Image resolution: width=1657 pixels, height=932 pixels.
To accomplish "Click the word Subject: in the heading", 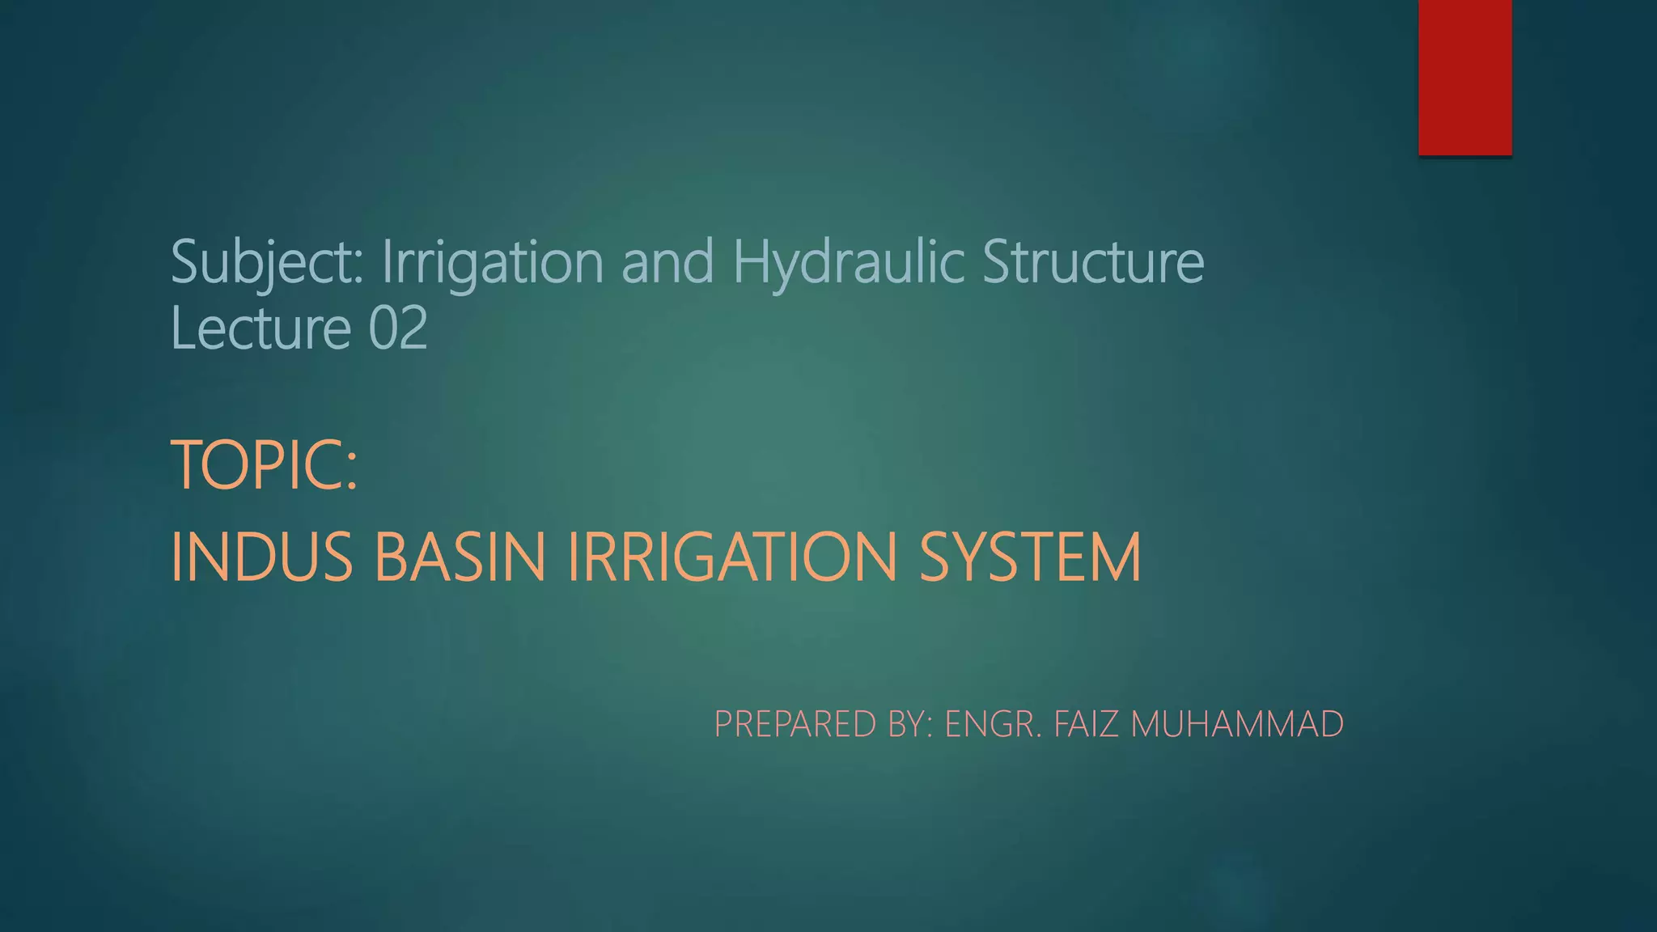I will click(268, 262).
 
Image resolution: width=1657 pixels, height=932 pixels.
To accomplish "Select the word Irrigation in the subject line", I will click(493, 262).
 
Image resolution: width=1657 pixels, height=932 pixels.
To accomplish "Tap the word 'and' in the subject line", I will click(667, 262).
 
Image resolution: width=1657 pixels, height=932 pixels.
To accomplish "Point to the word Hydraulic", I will click(849, 262).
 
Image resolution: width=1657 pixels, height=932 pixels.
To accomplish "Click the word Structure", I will click(1093, 262).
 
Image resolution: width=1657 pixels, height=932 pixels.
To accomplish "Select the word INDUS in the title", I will click(262, 557).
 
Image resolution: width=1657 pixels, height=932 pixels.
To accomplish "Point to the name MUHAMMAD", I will click(1237, 724).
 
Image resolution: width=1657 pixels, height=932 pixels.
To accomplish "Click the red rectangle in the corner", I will click(1464, 77).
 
